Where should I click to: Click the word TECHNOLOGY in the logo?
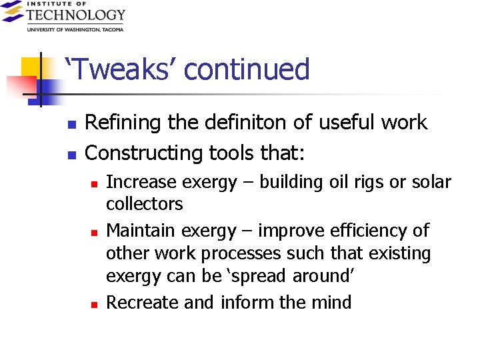point(75,15)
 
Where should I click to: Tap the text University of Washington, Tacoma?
point(75,29)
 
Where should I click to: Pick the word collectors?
point(145,203)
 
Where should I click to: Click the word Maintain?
point(137,231)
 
